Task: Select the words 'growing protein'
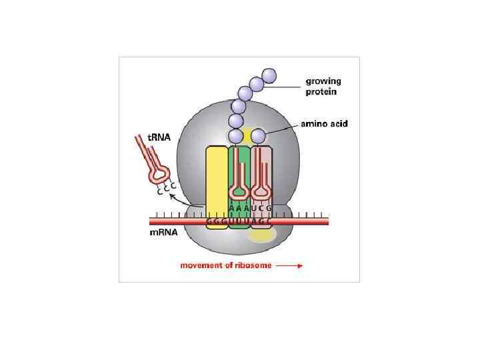tap(323, 87)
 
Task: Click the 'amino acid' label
tap(325, 124)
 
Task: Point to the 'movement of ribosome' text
tap(225, 265)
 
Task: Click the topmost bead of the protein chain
tap(269, 75)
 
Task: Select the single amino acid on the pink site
tap(259, 138)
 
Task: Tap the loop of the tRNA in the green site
tap(239, 192)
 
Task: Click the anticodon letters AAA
tap(239, 208)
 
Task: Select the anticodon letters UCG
tap(259, 208)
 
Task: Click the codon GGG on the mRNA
tap(217, 221)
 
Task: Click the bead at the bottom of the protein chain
tap(235, 137)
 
